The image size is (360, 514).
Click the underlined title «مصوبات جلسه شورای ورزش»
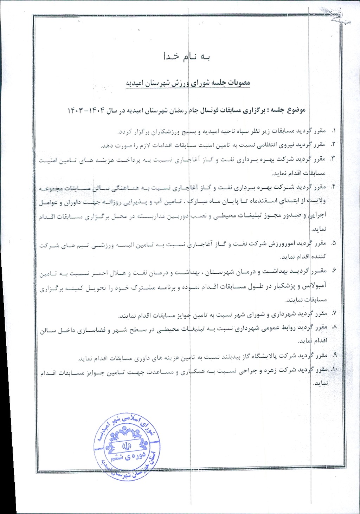(188, 83)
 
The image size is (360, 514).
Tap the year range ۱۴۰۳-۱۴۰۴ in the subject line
(86, 110)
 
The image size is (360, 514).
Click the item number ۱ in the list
(333, 131)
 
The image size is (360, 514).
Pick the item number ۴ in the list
(333, 187)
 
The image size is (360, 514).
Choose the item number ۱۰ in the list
(334, 370)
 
